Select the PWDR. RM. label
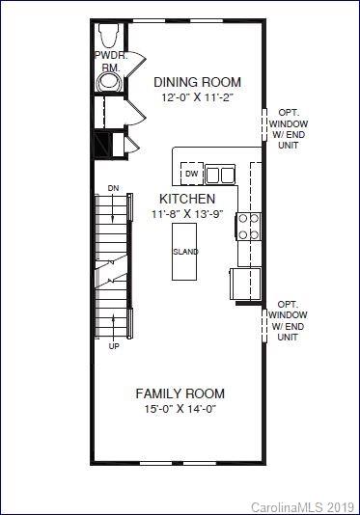tap(110, 62)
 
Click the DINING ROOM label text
tap(198, 82)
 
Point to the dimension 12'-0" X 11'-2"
tap(198, 98)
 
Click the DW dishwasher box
tap(192, 174)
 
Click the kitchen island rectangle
tap(185, 252)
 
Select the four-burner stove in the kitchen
tap(248, 226)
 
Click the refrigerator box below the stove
tap(245, 284)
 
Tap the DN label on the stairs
tap(113, 188)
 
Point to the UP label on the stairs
tap(114, 345)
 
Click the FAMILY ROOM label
tap(180, 393)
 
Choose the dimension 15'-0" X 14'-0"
tap(180, 410)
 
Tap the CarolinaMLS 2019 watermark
tap(303, 506)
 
